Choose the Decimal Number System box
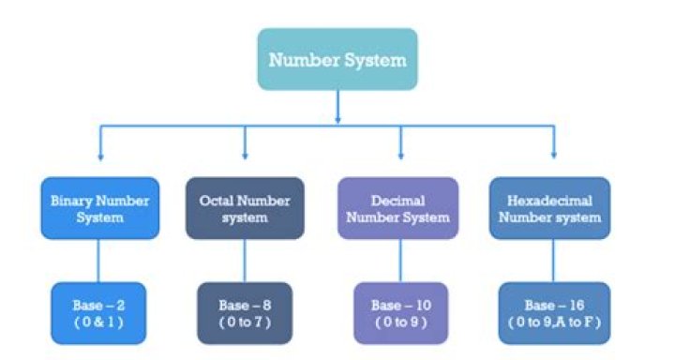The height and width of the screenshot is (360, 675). [x=399, y=208]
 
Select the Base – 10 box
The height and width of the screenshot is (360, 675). [x=399, y=312]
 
